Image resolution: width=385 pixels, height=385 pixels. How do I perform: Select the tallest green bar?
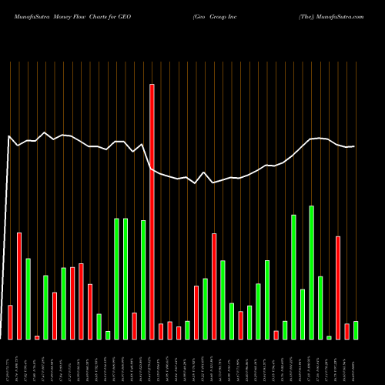pos(312,273)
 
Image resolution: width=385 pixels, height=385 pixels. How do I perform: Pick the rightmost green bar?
pos(356,330)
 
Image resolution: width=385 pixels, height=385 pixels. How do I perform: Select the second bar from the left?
pos(19,286)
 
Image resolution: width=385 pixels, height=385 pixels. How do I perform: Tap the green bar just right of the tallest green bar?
pos(320,307)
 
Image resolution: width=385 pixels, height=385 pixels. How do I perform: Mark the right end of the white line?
pos(354,146)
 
